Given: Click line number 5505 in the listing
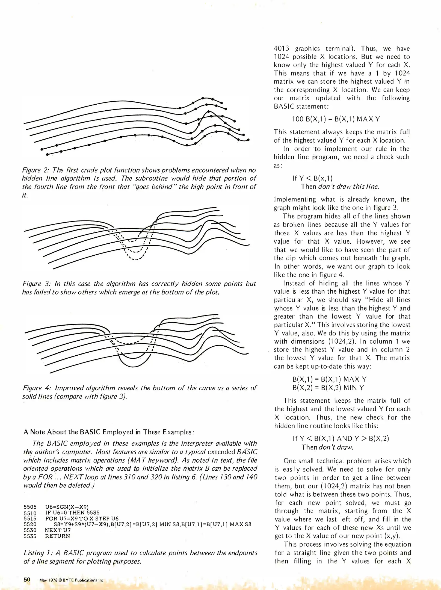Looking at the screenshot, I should [30, 507].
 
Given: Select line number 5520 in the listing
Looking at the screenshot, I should [30, 524].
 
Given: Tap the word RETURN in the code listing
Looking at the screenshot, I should [58, 536].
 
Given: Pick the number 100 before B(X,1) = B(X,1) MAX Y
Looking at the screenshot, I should [297, 119].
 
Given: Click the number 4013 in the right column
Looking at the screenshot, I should [281, 49].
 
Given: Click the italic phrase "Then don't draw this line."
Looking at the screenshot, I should [340, 187].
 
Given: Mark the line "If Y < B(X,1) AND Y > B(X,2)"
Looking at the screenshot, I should [341, 439].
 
